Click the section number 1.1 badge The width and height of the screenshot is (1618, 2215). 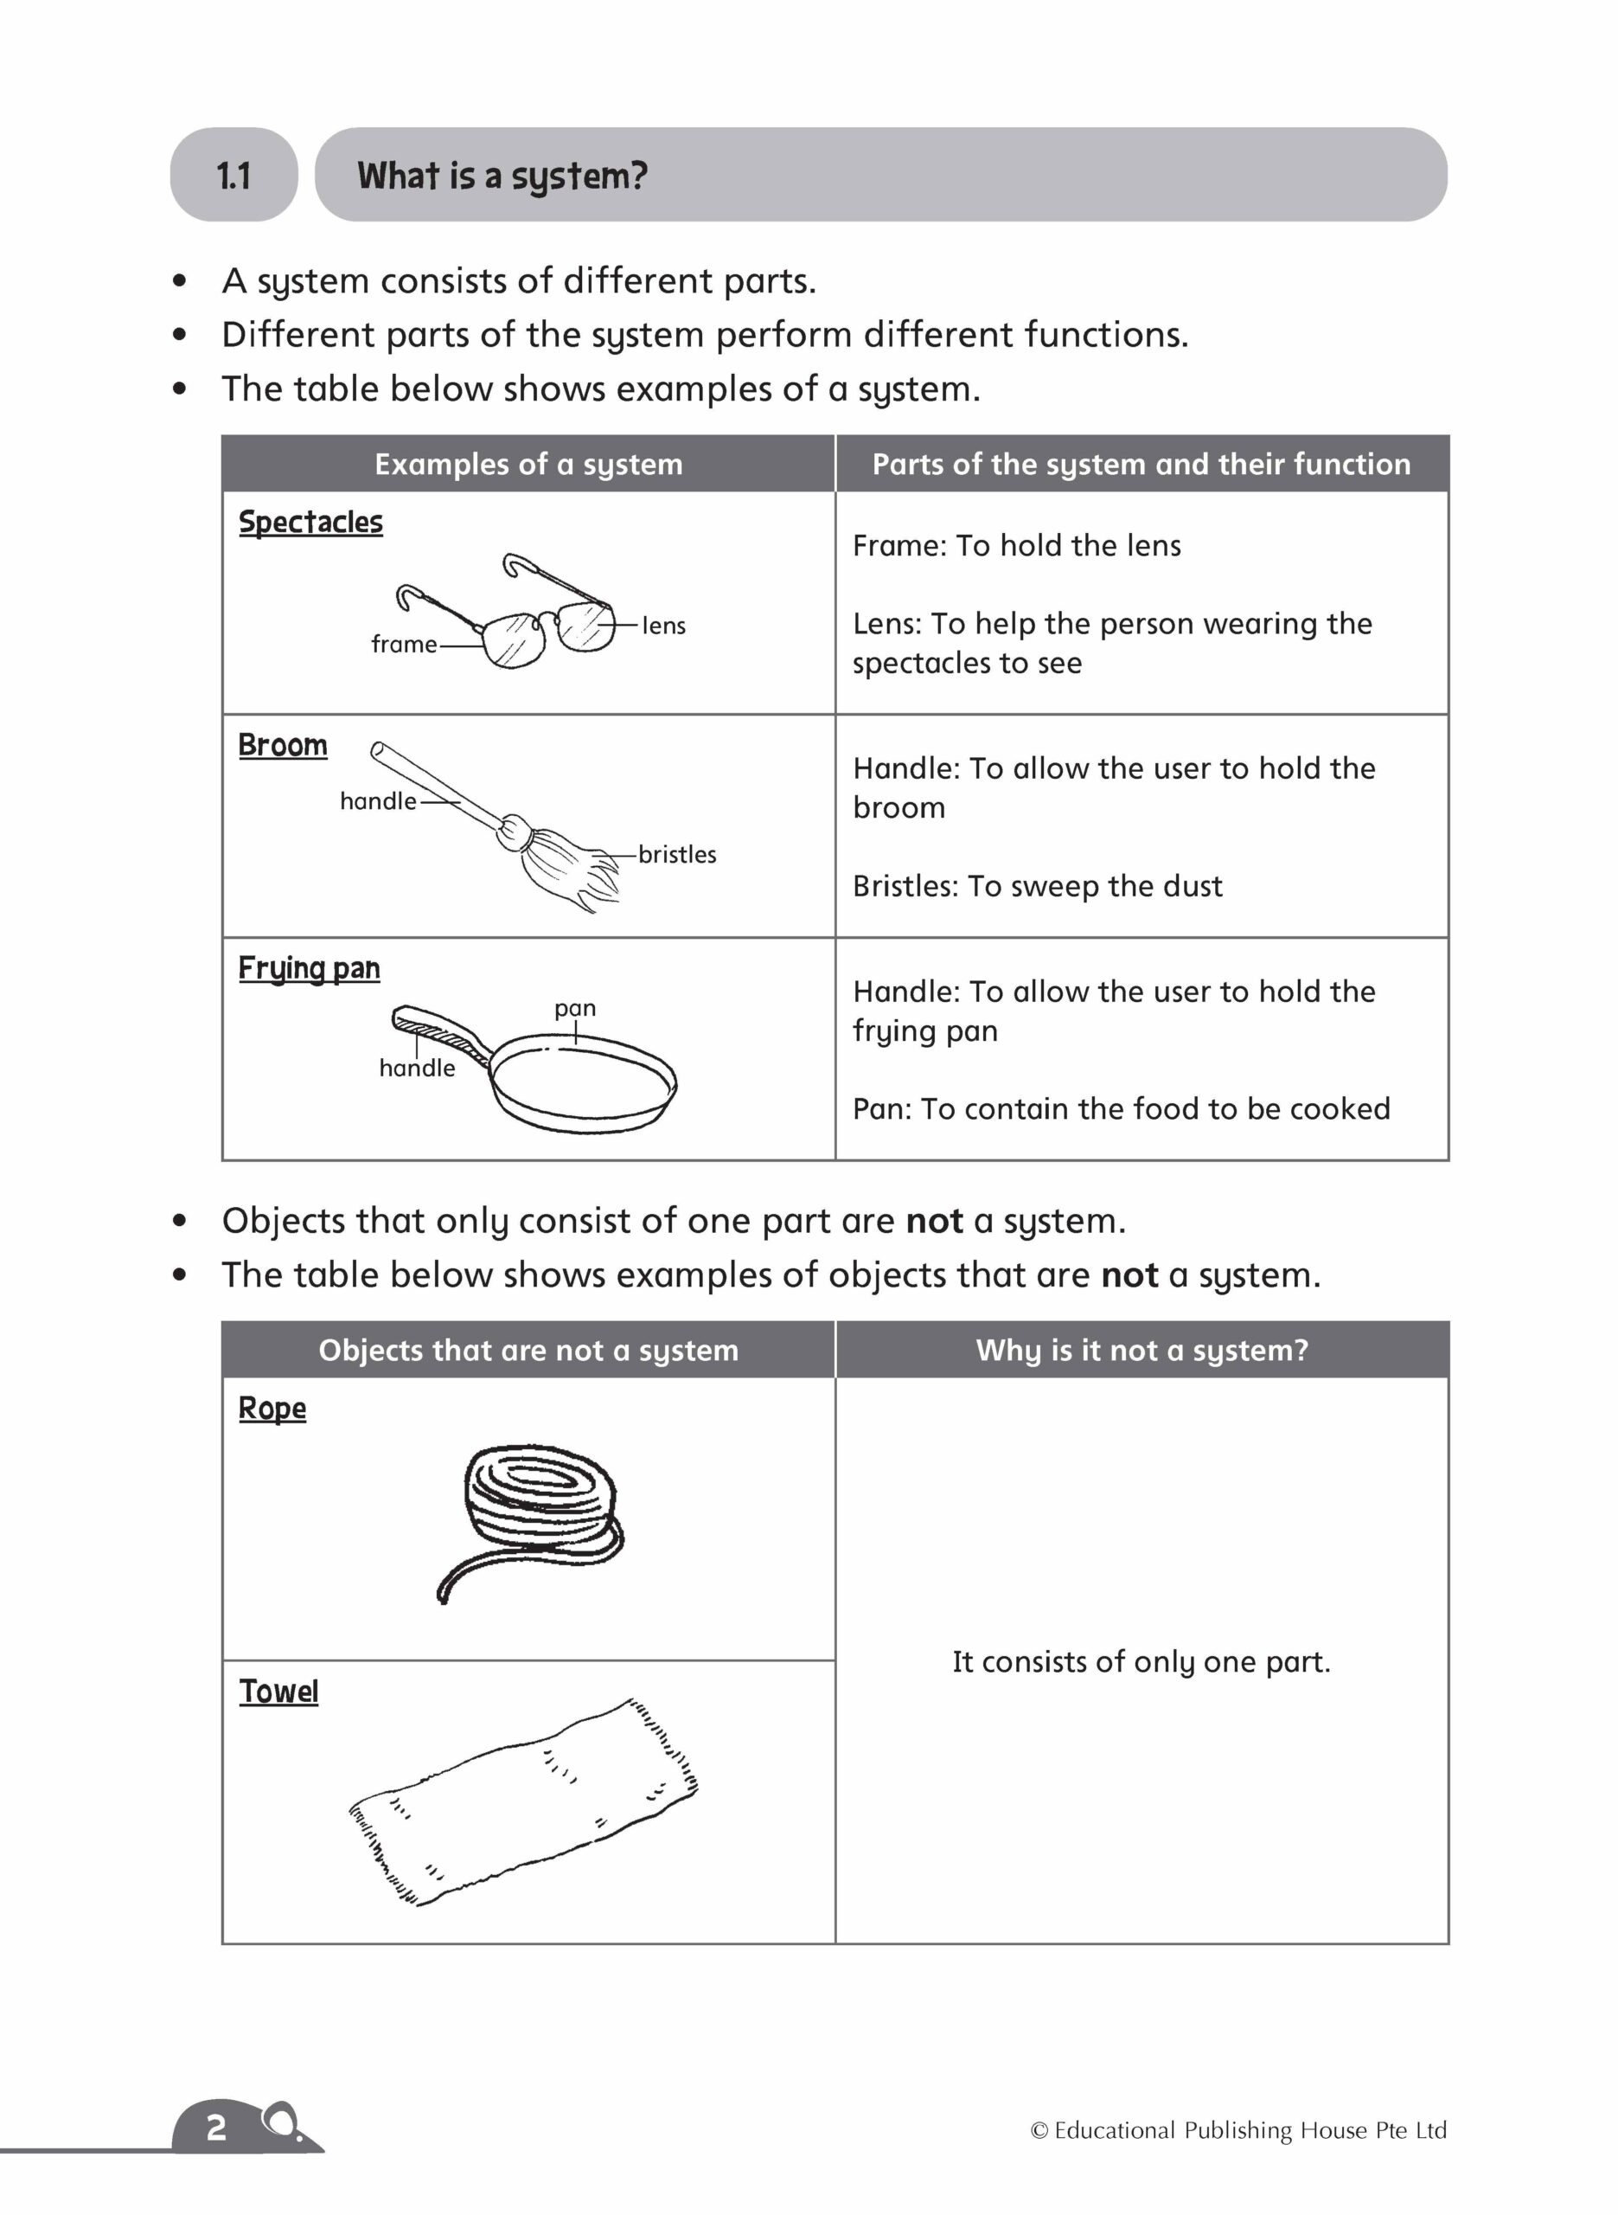point(233,176)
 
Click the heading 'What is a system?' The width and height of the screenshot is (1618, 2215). point(502,176)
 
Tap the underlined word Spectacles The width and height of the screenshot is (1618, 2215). point(310,522)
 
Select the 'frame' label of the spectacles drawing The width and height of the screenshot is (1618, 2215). point(404,645)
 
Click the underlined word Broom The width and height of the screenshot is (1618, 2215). point(283,746)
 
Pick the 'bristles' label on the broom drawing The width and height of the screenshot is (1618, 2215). point(677,854)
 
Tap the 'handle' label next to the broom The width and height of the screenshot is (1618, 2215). point(378,801)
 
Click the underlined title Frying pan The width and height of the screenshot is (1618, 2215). point(310,968)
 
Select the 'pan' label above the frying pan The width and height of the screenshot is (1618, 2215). point(575,1008)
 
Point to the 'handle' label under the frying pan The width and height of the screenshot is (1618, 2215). point(417,1068)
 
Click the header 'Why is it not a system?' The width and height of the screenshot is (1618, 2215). point(1142,1350)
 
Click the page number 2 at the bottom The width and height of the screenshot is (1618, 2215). point(216,2127)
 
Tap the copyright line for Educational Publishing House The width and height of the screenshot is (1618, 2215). point(1238,2129)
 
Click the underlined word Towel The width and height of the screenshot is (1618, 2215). point(279,1692)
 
